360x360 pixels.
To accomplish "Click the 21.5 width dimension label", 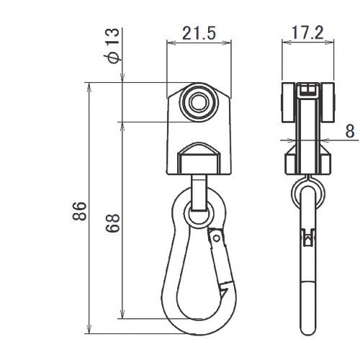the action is coord(199,33).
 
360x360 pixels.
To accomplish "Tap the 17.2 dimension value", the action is coord(307,32).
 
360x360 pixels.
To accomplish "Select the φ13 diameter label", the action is coord(112,45).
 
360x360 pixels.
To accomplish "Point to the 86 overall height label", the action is coord(79,211).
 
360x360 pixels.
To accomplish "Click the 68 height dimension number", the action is coord(112,223).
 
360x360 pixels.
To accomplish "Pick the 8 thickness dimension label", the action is coord(350,131).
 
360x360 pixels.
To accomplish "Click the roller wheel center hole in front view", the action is coord(199,102).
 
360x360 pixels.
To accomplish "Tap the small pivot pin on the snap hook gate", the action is coord(217,238).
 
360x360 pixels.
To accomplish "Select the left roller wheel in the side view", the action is coord(287,103).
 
